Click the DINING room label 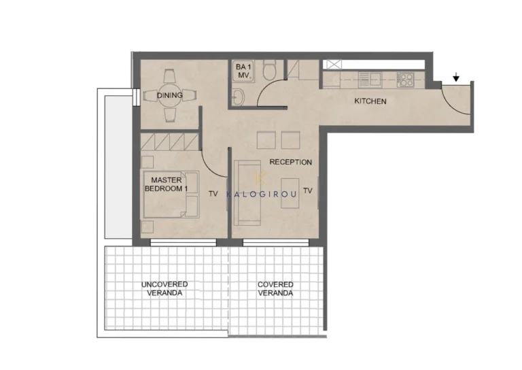click(x=170, y=95)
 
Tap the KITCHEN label click(x=370, y=101)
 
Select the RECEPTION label click(x=291, y=162)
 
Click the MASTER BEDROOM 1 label click(x=167, y=184)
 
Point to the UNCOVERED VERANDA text click(x=164, y=289)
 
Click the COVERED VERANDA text click(x=275, y=289)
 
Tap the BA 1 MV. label click(x=243, y=71)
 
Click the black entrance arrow click(x=456, y=78)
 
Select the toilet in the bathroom click(x=269, y=69)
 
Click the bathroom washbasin click(x=239, y=97)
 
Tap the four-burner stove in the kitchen click(x=405, y=80)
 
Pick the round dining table click(x=170, y=96)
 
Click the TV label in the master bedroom click(x=213, y=193)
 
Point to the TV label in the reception click(x=308, y=191)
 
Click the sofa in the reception click(x=247, y=193)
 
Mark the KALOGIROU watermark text click(x=261, y=194)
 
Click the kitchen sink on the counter click(x=370, y=80)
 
